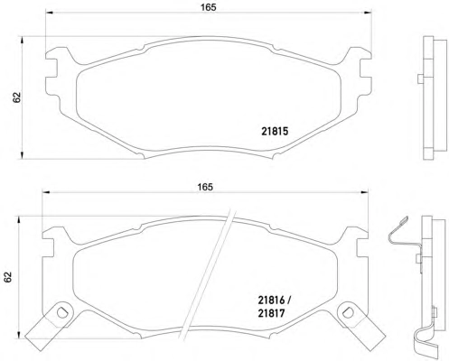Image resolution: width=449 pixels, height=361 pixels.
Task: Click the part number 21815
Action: [275, 131]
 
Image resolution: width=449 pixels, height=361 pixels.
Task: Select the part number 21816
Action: [271, 301]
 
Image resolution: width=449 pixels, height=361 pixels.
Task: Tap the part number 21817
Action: [271, 313]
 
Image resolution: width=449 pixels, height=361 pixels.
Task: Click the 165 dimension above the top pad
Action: [209, 7]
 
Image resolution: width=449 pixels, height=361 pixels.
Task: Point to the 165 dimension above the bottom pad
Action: [205, 187]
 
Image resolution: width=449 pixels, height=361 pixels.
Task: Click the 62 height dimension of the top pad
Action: [16, 97]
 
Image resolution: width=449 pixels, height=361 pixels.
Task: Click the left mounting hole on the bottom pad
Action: [61, 312]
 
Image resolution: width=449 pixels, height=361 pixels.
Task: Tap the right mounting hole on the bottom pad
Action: [348, 312]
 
